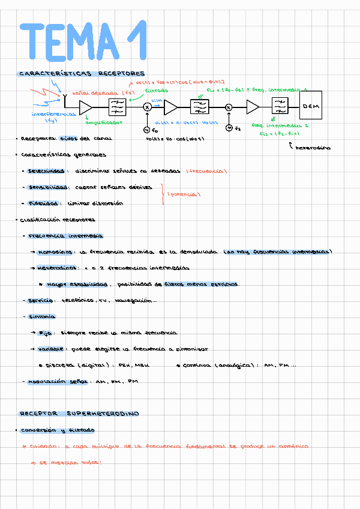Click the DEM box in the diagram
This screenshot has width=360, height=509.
point(311,106)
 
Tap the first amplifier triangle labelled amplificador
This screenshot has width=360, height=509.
point(85,107)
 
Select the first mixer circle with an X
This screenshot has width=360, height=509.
point(148,107)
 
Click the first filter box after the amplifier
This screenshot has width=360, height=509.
point(117,107)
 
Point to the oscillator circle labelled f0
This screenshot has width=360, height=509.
point(147,129)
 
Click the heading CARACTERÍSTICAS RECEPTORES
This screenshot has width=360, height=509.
point(82,74)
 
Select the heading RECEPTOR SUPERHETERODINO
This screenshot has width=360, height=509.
point(79,414)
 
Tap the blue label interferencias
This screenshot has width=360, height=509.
point(53,113)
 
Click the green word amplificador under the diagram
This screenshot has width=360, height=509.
point(103,122)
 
